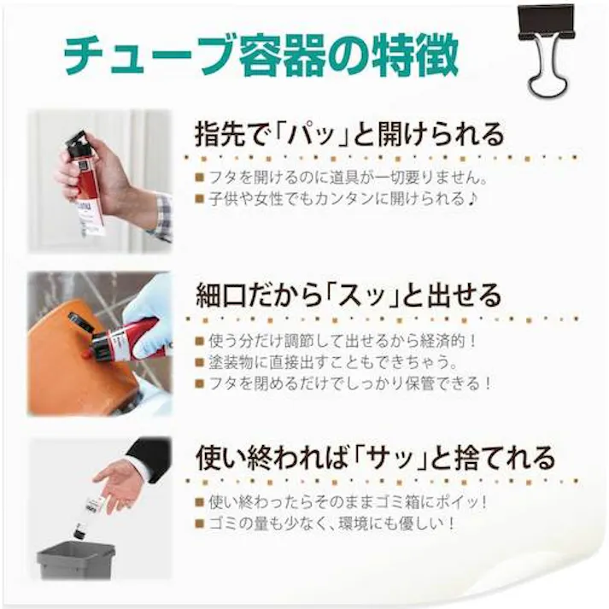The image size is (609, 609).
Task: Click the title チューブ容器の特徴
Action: point(261,56)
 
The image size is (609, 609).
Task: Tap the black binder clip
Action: point(548,47)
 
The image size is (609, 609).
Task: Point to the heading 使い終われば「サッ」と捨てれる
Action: point(375,457)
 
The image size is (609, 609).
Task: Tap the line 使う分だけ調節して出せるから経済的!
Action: point(342,340)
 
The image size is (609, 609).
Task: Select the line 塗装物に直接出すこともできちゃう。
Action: point(329,361)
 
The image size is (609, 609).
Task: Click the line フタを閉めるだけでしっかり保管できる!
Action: point(343,384)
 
